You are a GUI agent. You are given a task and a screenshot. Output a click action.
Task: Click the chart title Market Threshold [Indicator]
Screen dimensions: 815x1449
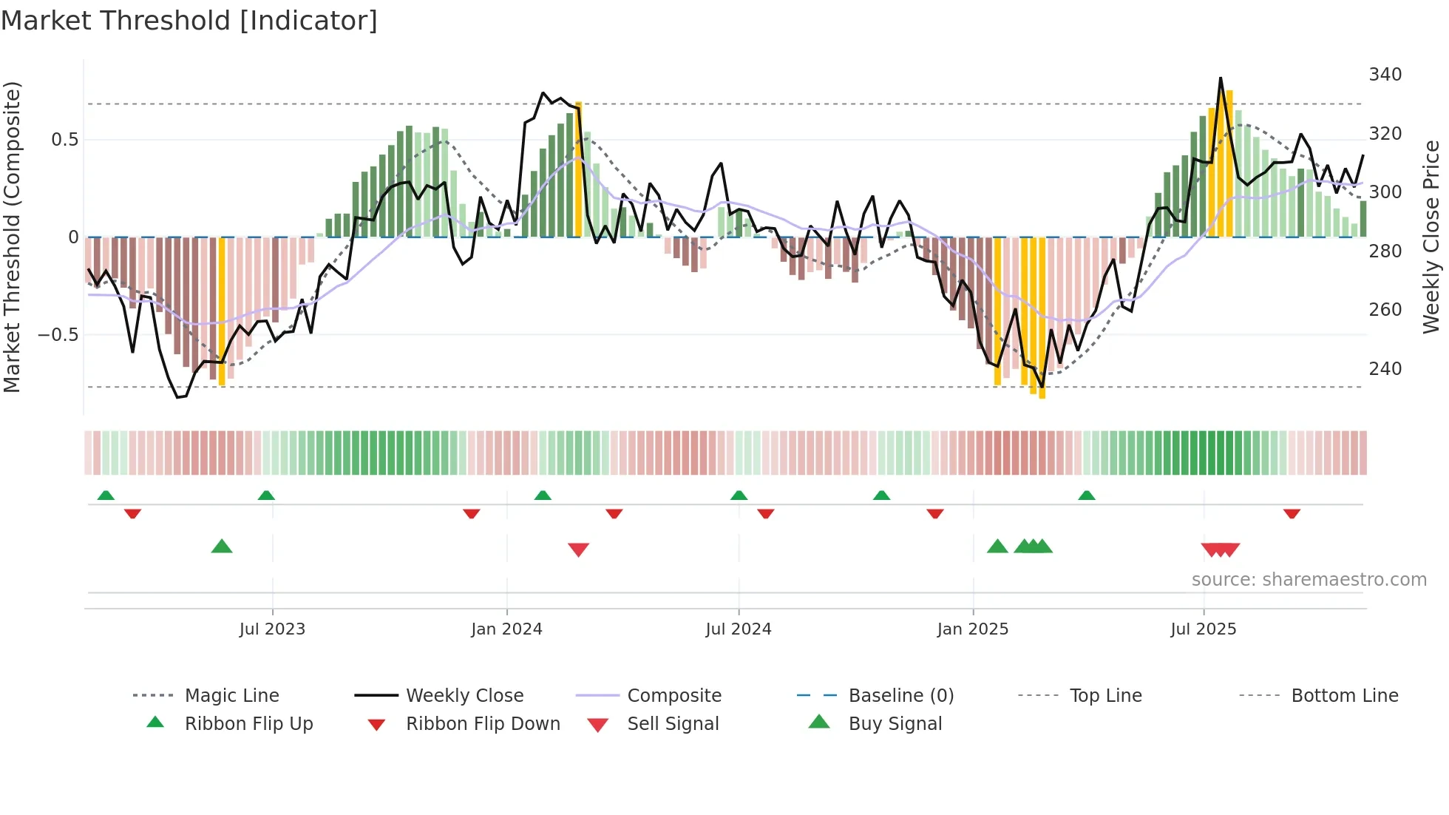tap(189, 21)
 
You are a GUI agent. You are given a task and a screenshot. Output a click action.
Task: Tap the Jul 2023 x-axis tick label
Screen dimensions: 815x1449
tap(272, 629)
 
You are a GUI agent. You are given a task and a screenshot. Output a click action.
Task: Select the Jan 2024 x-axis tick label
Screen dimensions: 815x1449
tap(506, 629)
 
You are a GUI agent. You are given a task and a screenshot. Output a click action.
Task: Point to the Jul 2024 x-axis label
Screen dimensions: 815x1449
tap(738, 629)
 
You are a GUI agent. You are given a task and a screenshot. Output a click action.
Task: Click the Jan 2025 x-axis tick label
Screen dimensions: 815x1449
tap(972, 629)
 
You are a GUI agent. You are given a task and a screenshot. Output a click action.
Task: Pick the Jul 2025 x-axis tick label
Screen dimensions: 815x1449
tap(1203, 629)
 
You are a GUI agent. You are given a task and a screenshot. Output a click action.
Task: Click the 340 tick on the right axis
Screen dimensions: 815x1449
tap(1385, 75)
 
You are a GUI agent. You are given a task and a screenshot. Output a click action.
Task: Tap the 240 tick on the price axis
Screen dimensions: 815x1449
tap(1385, 368)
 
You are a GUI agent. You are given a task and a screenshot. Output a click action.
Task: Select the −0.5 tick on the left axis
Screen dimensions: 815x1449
tap(58, 335)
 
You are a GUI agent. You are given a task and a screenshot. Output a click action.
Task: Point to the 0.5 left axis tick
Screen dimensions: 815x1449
tap(64, 140)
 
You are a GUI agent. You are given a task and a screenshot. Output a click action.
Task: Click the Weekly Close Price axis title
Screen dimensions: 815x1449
tap(1432, 237)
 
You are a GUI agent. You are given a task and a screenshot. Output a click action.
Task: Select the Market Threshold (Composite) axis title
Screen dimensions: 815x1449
tap(12, 237)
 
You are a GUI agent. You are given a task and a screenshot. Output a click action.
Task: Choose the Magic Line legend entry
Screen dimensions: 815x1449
tap(231, 696)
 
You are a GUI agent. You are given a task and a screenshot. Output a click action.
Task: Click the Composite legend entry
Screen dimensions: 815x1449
tap(673, 696)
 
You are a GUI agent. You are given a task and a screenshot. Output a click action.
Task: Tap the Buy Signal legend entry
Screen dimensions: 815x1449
tap(895, 724)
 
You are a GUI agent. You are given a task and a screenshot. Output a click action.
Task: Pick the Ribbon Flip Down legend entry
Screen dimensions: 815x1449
tap(483, 724)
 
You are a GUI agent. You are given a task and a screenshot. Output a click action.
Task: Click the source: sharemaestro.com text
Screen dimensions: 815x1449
tap(1309, 580)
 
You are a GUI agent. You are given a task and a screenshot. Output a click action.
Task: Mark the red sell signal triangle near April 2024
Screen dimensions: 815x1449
tap(578, 549)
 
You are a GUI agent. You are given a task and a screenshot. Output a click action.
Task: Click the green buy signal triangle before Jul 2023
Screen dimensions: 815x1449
tap(222, 547)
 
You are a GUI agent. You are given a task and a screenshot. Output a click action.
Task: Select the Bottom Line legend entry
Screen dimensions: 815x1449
tap(1344, 696)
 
